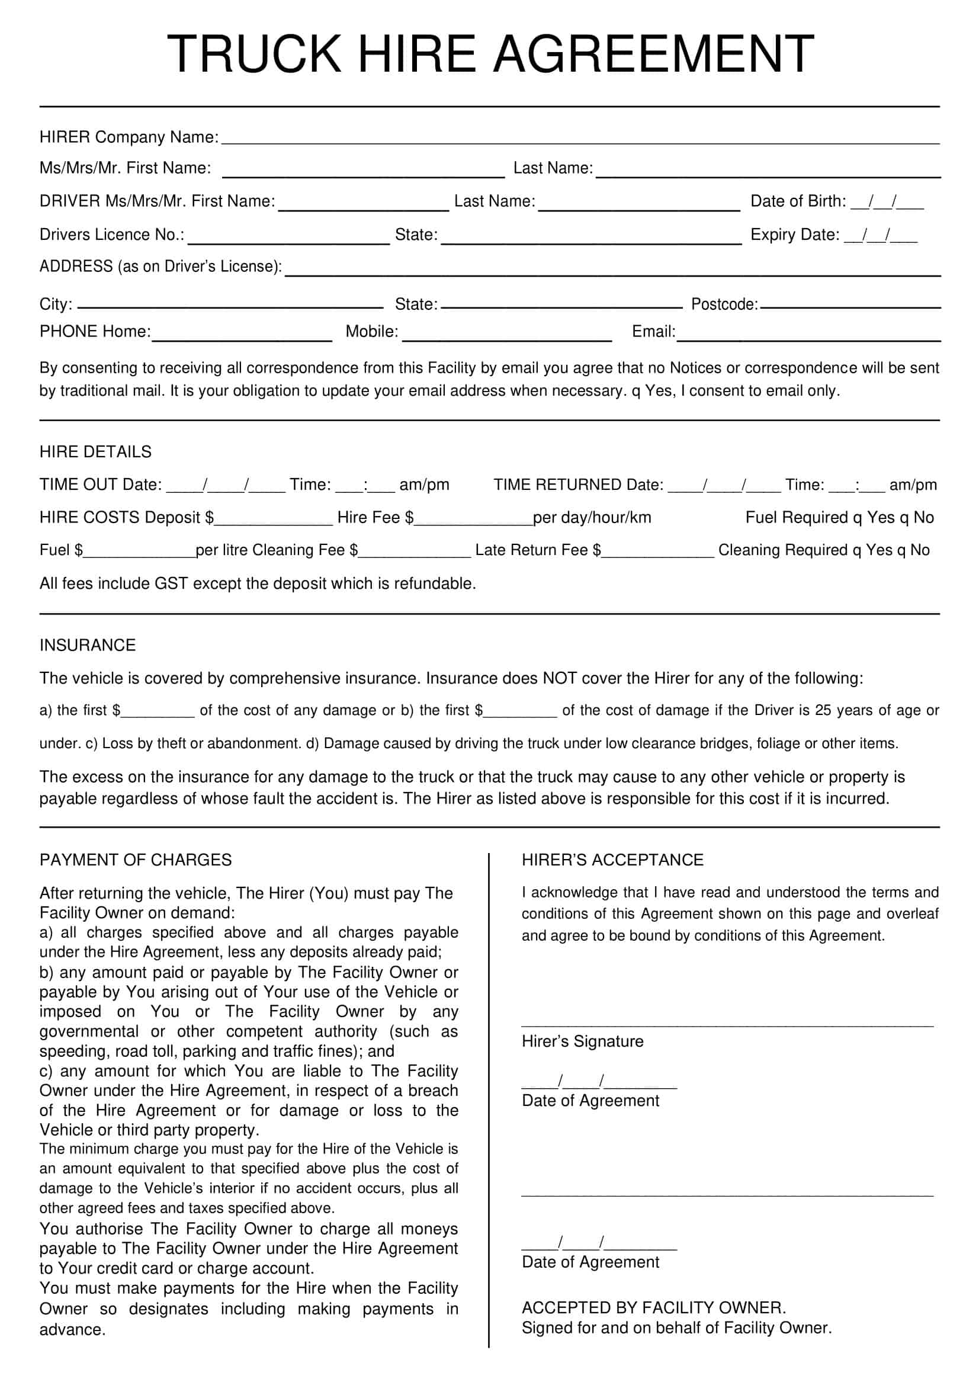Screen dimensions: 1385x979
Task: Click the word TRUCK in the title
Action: [253, 54]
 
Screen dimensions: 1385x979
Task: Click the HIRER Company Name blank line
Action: [579, 139]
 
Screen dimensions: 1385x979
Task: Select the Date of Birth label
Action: [797, 201]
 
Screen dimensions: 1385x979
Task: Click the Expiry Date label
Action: [794, 234]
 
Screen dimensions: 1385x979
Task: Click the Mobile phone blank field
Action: [507, 334]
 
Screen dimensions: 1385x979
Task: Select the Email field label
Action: [653, 331]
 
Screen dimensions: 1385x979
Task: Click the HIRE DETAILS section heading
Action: [95, 452]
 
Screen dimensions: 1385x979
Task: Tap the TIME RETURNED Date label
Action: [578, 485]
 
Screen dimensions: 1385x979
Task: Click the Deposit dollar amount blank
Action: [272, 519]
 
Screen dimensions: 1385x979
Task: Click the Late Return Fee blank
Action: [657, 552]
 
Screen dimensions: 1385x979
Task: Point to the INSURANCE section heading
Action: [88, 645]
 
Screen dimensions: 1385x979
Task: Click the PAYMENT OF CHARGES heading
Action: [135, 860]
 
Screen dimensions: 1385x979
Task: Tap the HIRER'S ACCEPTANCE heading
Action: [612, 860]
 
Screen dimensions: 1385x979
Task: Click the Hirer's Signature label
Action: [582, 1041]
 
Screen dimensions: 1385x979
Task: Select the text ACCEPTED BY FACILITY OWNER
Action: [653, 1308]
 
